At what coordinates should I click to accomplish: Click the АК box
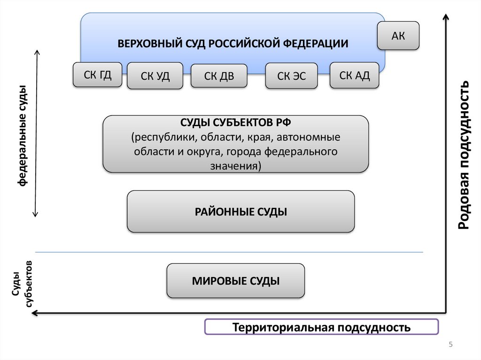click(398, 36)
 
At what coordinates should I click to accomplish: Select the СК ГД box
click(98, 75)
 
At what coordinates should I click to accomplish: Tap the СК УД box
click(155, 76)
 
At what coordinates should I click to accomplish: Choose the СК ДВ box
click(219, 76)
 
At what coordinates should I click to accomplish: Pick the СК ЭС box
click(291, 76)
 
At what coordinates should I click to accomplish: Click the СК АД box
click(355, 75)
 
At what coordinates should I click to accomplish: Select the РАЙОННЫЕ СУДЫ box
click(240, 212)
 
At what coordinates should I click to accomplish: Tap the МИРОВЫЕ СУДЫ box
click(236, 281)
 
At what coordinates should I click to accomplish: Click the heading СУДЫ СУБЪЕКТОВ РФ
click(236, 123)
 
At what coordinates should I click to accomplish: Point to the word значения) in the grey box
click(236, 166)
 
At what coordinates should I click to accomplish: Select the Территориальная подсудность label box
click(322, 327)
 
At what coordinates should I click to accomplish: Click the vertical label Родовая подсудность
click(464, 155)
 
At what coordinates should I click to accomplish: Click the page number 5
click(451, 345)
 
